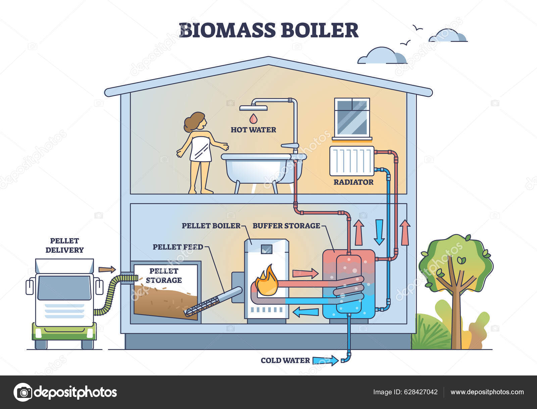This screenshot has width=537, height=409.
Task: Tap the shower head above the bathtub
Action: click(x=253, y=108)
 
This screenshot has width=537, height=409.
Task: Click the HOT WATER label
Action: click(x=253, y=130)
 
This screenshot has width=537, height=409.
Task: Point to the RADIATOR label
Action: click(x=353, y=182)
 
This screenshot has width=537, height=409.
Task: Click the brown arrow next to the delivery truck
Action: click(x=107, y=269)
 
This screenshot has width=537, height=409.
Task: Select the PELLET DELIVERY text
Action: click(x=64, y=245)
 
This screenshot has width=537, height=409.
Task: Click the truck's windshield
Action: click(x=64, y=288)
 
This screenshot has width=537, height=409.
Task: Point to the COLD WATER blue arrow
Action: click(x=325, y=360)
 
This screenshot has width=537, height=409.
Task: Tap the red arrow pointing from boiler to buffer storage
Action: click(x=305, y=273)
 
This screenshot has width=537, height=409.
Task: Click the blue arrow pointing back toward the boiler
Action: click(x=305, y=312)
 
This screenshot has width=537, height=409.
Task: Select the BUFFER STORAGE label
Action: click(x=286, y=226)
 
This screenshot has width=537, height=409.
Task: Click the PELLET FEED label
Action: click(x=178, y=247)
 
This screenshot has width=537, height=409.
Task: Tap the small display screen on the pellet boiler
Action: click(x=266, y=248)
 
